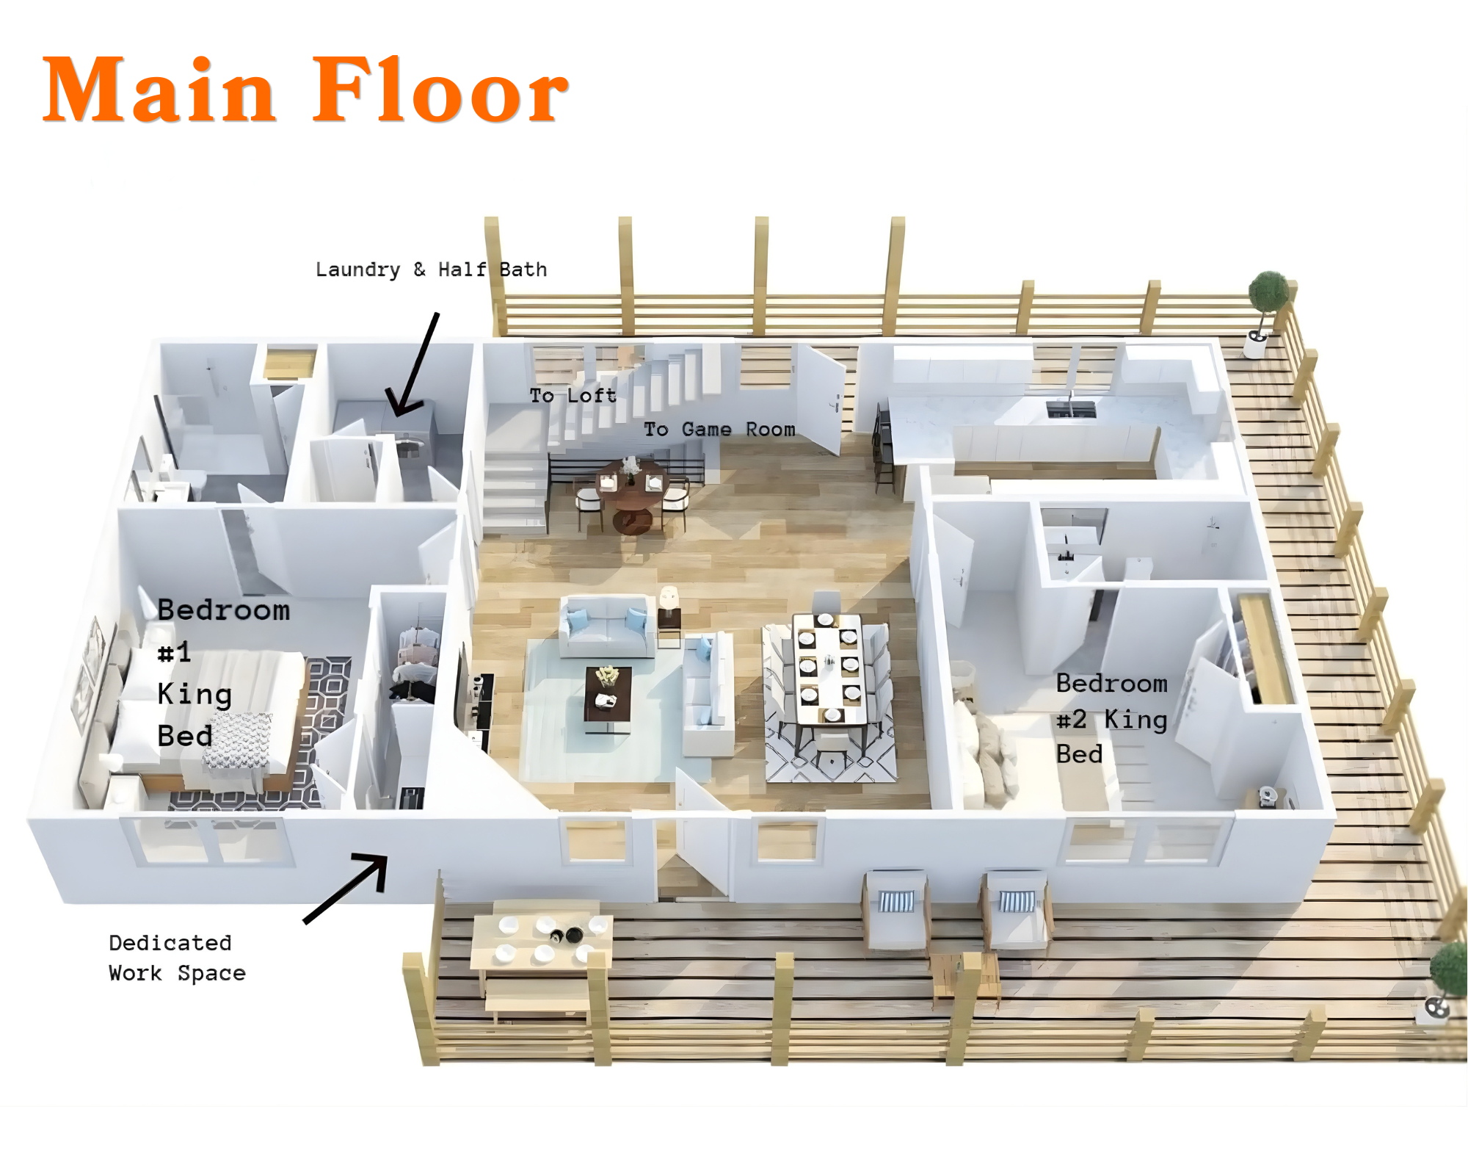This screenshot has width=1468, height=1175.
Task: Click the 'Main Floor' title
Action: point(305,91)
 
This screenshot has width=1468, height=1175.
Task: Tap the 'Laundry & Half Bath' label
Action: point(432,270)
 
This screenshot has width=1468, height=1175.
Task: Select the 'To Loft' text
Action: point(573,395)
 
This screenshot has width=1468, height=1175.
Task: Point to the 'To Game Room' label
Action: point(719,429)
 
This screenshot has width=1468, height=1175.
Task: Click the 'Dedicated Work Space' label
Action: point(177,958)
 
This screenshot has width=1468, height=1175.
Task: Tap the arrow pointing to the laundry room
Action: point(413,364)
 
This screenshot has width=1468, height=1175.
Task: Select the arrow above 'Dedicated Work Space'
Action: point(346,888)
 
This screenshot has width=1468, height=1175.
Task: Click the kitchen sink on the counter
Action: point(1071,408)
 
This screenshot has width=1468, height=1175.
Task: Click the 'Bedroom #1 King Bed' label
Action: point(223,673)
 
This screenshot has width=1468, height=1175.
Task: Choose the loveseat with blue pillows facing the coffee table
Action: point(606,626)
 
